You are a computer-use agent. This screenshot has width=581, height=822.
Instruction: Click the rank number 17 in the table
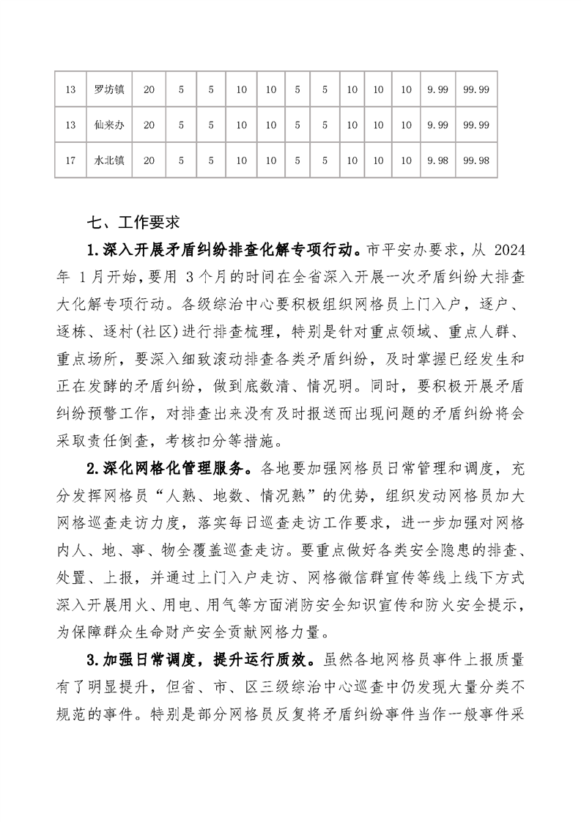tap(71, 160)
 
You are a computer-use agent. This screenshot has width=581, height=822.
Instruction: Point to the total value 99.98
tap(476, 160)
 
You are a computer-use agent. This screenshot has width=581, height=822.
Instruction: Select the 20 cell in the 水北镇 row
tap(149, 160)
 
